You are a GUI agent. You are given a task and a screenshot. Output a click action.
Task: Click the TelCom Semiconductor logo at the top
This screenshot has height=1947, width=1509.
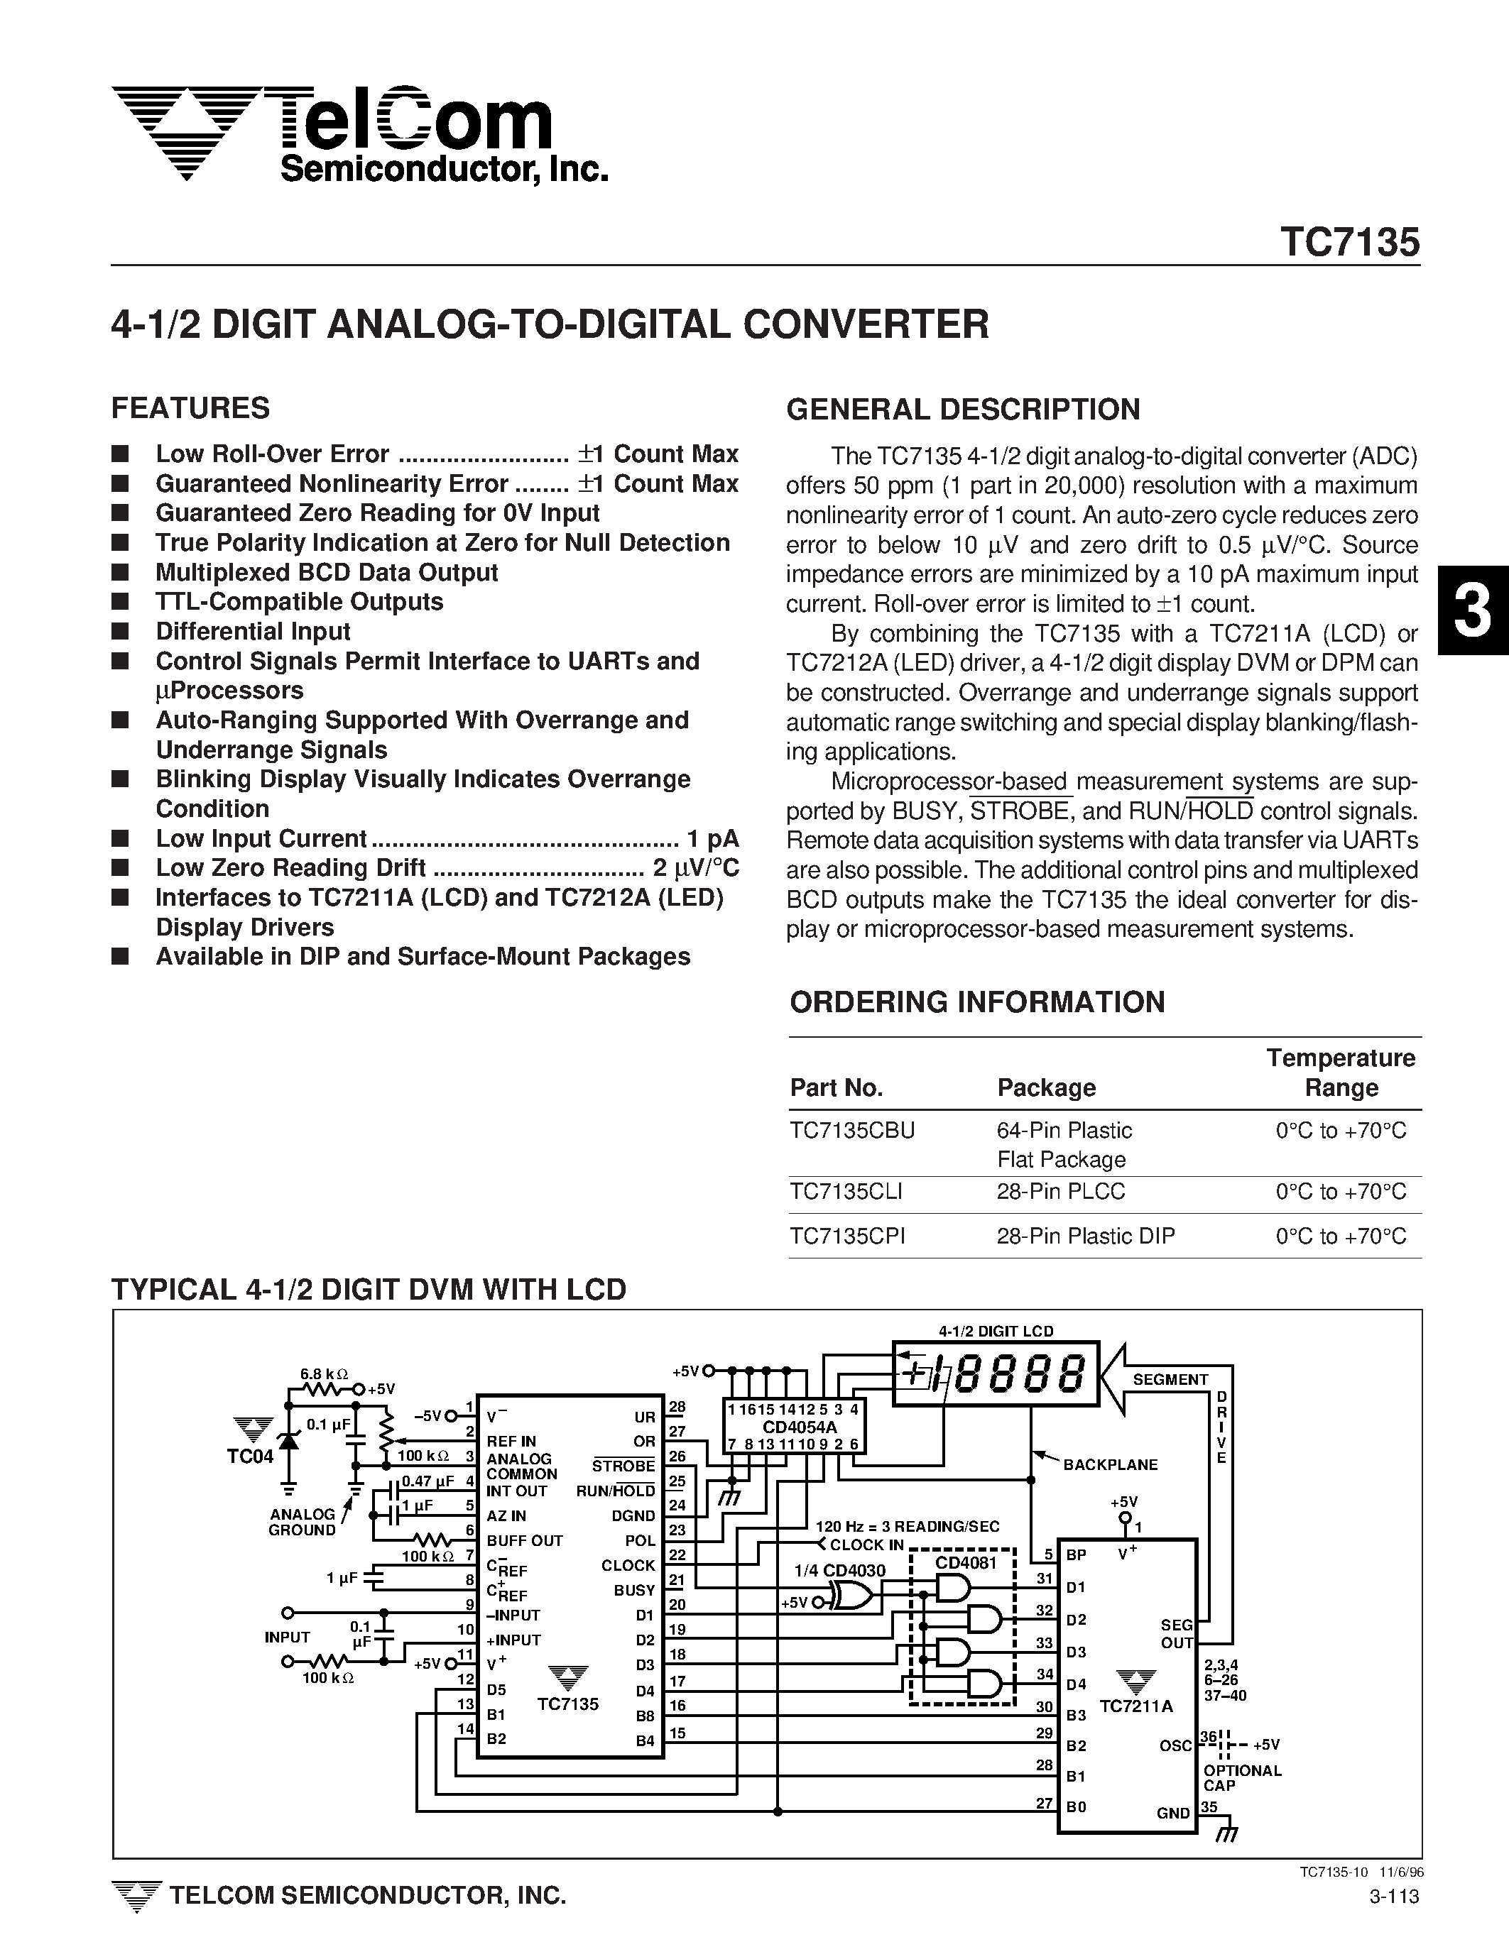[356, 133]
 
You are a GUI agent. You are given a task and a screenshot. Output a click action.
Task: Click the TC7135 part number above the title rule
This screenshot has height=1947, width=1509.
[1349, 243]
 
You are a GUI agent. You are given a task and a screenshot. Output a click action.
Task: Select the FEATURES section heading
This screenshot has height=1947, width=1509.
[190, 408]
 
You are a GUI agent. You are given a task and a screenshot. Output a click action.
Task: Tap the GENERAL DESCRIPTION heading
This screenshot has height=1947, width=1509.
[962, 409]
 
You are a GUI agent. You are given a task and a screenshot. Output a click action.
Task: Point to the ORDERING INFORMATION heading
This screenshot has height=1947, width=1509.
[976, 1002]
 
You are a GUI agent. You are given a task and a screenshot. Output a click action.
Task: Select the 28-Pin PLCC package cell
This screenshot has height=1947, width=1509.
[1060, 1191]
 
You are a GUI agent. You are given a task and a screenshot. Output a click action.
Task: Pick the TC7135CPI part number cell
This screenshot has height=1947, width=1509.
[847, 1236]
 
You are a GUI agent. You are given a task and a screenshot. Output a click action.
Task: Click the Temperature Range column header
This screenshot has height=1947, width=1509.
[1341, 1073]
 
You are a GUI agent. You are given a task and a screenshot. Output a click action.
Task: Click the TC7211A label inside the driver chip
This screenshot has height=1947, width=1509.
[1135, 1706]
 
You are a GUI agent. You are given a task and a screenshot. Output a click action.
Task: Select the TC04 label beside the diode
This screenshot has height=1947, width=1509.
[250, 1457]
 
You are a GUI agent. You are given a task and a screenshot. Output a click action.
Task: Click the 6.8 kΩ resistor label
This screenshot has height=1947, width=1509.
[324, 1373]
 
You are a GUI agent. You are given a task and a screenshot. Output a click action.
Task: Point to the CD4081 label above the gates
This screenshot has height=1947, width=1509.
[964, 1563]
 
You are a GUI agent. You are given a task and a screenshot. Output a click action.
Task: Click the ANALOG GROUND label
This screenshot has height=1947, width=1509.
[303, 1522]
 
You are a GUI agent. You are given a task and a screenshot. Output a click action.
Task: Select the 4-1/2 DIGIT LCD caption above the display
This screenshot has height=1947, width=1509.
[996, 1331]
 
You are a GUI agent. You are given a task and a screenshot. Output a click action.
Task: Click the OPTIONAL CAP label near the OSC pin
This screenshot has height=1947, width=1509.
[1241, 1777]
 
